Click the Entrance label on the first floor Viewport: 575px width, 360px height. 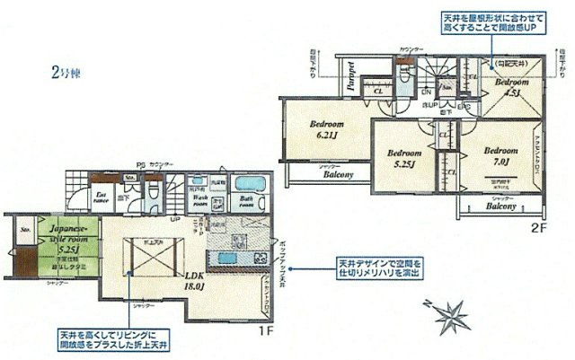coord(102,198)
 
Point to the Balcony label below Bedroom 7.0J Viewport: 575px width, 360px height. coord(500,205)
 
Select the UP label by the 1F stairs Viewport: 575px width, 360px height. coord(176,217)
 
